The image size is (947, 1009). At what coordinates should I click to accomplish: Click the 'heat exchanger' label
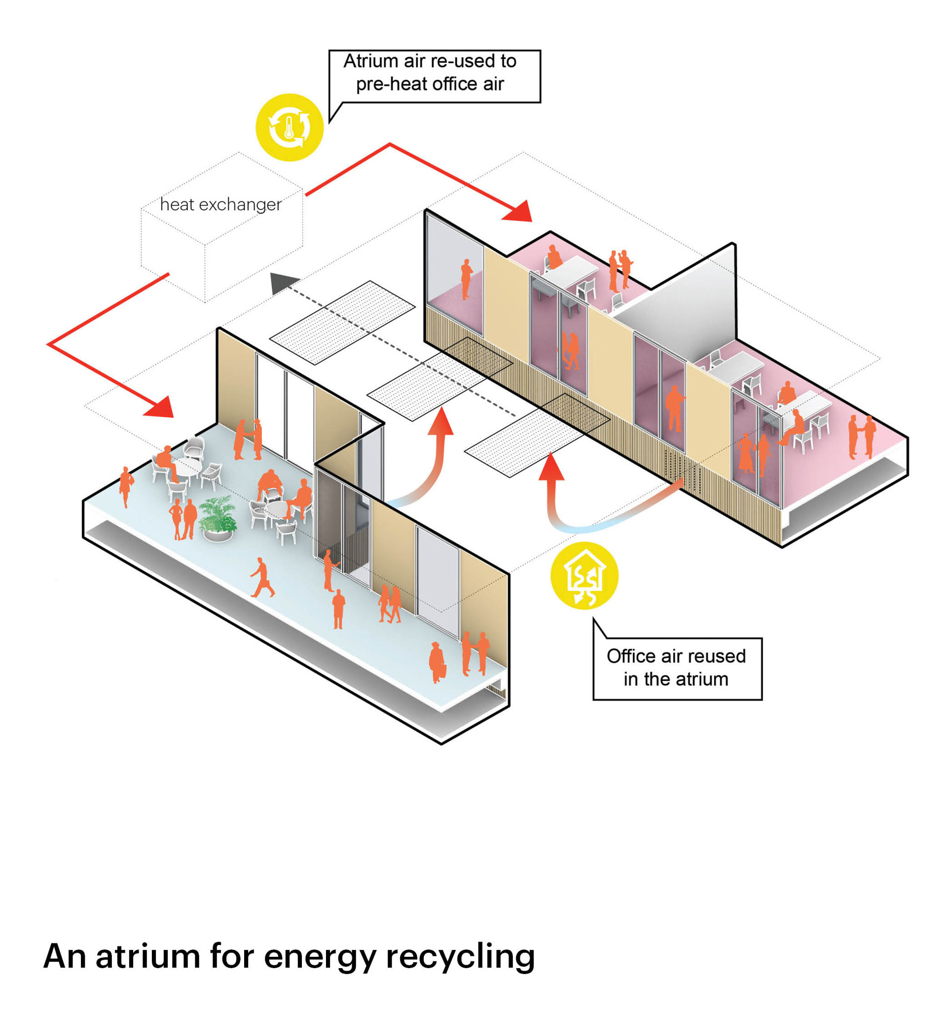220,204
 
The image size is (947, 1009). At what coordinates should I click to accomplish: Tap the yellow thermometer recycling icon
289,128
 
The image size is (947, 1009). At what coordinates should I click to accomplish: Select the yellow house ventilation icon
584,575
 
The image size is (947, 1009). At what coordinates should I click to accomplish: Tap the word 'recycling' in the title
460,956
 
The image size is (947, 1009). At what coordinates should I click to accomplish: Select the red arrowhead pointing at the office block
519,212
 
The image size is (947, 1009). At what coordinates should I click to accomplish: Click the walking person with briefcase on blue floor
262,577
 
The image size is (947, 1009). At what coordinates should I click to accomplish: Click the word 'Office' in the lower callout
631,656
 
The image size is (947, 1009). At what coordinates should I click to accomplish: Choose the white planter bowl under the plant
219,534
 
